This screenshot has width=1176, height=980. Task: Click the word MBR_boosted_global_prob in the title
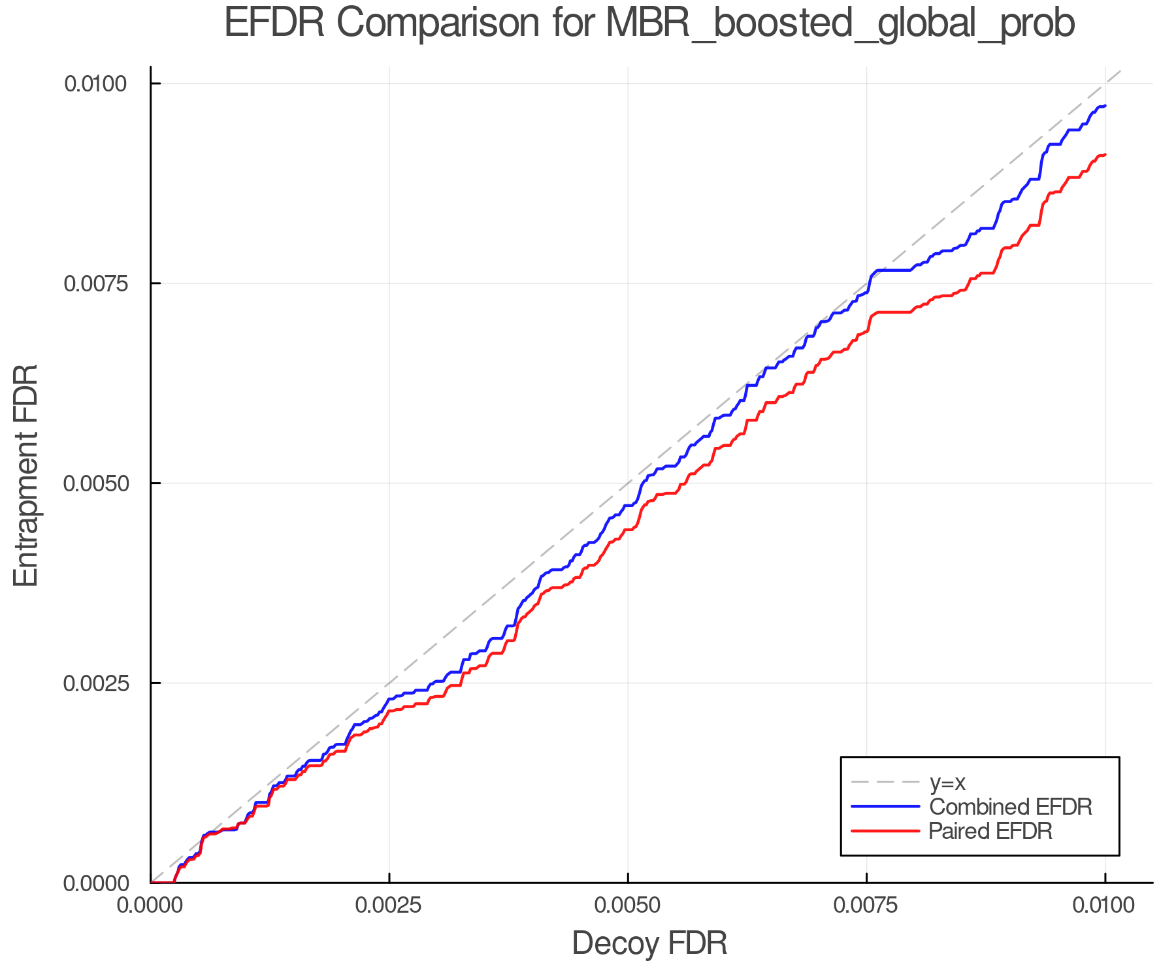coord(840,24)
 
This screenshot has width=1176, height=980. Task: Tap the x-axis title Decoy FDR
coord(649,943)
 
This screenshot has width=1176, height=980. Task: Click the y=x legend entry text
coord(947,782)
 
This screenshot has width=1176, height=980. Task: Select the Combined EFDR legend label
coord(1010,807)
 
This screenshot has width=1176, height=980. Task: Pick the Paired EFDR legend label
coord(990,831)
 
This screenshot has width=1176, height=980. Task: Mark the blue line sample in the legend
coord(885,807)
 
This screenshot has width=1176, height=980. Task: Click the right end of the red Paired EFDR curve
coord(1105,155)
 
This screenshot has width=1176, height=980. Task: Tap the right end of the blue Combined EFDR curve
coord(1105,106)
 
